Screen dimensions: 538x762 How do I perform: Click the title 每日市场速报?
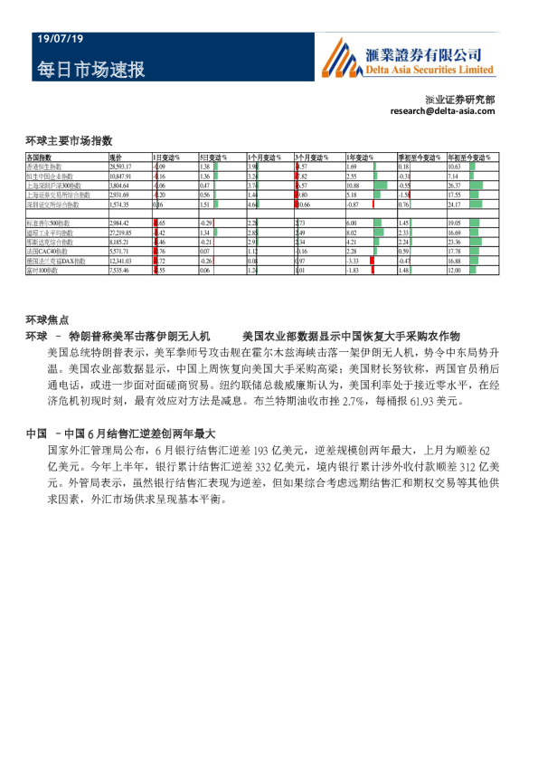pyautogui.click(x=91, y=70)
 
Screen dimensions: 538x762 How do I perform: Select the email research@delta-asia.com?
pyautogui.click(x=442, y=110)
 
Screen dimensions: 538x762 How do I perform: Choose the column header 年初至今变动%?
pyautogui.click(x=465, y=157)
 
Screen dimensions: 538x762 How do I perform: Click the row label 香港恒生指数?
pyautogui.click(x=45, y=167)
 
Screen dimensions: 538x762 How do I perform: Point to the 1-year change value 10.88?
pyautogui.click(x=354, y=186)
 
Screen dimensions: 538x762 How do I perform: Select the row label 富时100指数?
pyautogui.click(x=43, y=270)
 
